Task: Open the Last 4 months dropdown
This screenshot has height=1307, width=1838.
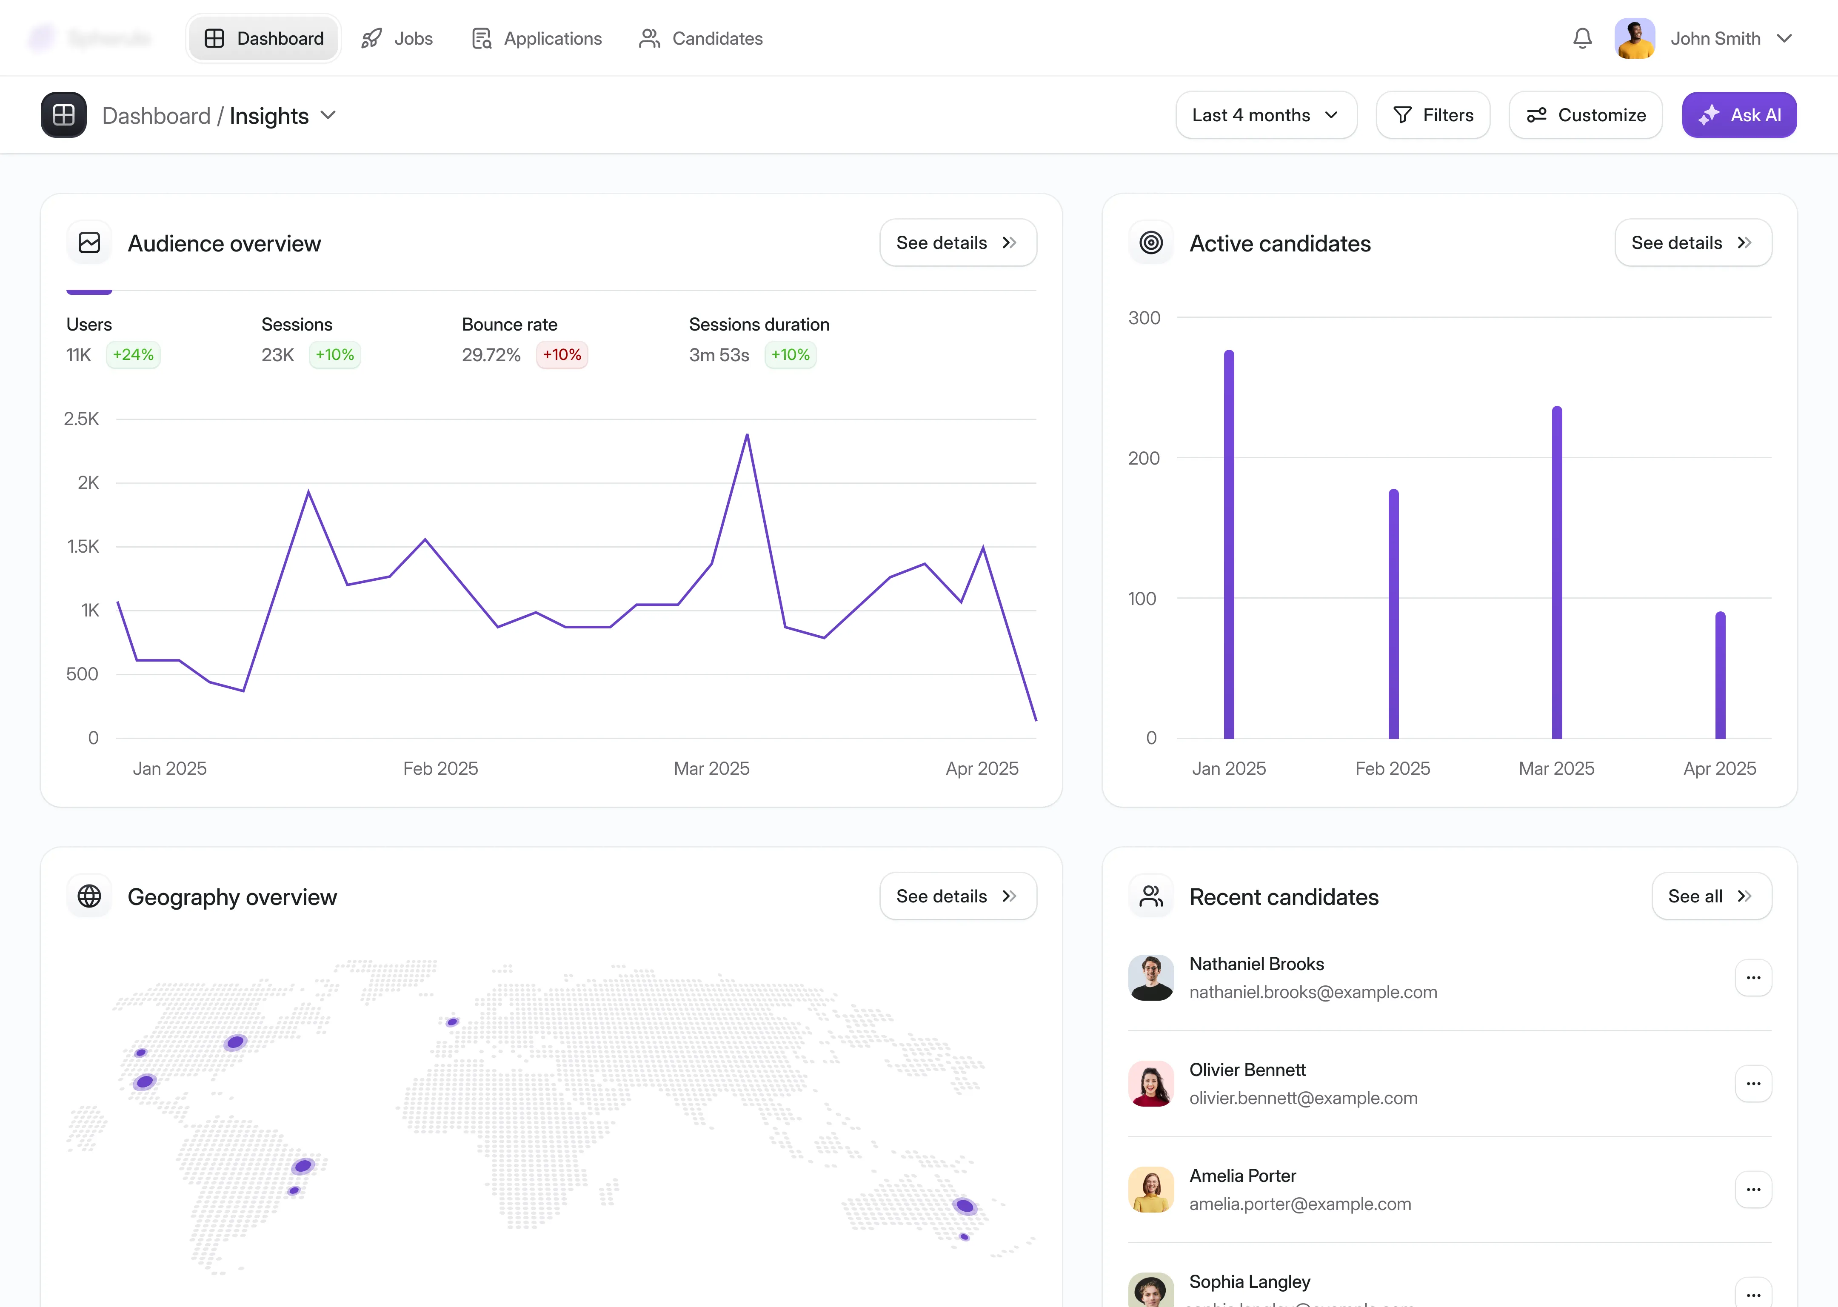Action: click(x=1265, y=115)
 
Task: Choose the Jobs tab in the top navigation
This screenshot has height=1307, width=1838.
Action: click(x=397, y=39)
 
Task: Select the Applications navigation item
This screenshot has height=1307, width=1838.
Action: click(x=537, y=39)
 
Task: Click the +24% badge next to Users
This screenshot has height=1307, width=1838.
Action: click(x=133, y=355)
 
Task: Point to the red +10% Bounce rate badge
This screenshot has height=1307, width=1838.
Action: click(x=562, y=355)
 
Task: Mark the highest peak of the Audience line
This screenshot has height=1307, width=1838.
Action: click(x=747, y=435)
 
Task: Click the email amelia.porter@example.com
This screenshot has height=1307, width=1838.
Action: click(x=1300, y=1204)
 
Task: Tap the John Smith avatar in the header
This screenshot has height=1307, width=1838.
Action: click(x=1634, y=39)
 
